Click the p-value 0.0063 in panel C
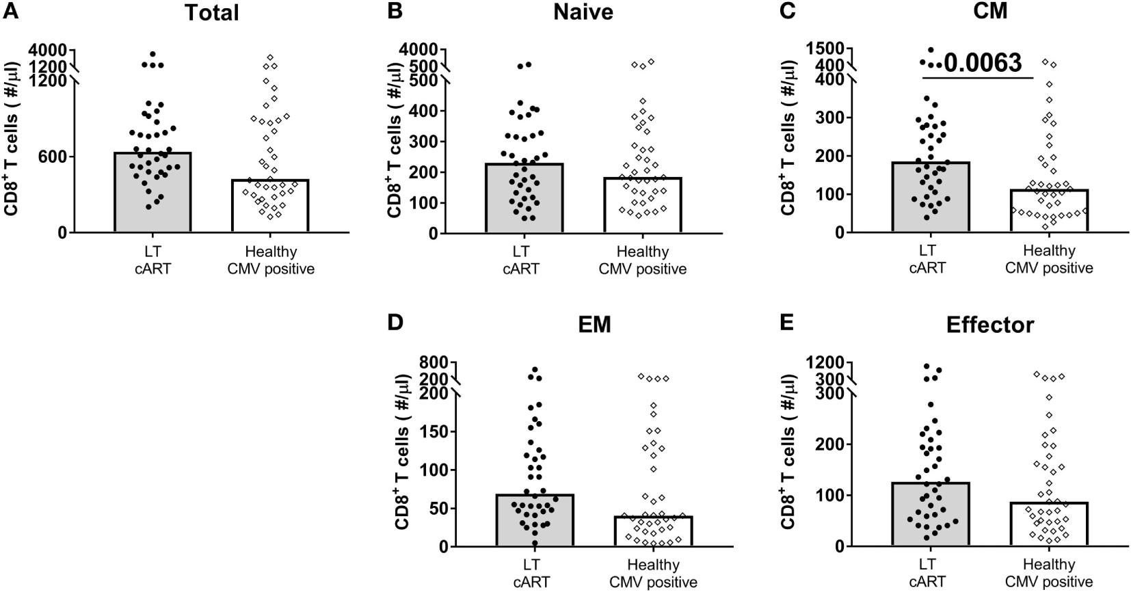pos(983,62)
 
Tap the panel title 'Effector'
pos(989,325)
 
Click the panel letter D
pos(395,322)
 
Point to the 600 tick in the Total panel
pos(53,157)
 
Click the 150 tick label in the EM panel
pos(435,432)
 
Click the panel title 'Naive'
pos(583,12)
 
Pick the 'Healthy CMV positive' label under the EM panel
pos(652,574)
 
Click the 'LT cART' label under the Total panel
pos(152,260)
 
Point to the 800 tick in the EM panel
pos(434,362)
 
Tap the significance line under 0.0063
pos(978,77)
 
